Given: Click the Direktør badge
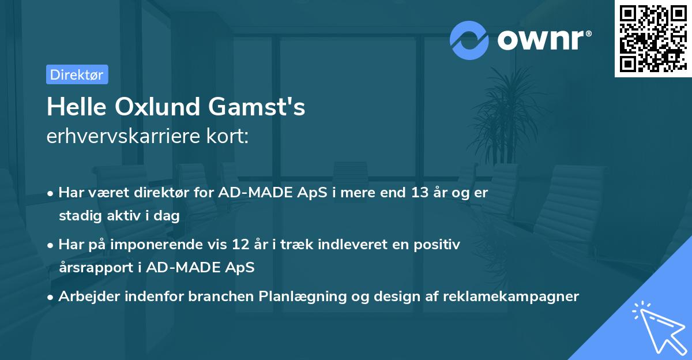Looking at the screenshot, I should (x=77, y=74).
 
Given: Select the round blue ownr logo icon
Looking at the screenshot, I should (x=469, y=40).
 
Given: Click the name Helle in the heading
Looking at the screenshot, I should (x=74, y=107).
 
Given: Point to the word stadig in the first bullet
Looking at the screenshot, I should (x=77, y=216).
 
